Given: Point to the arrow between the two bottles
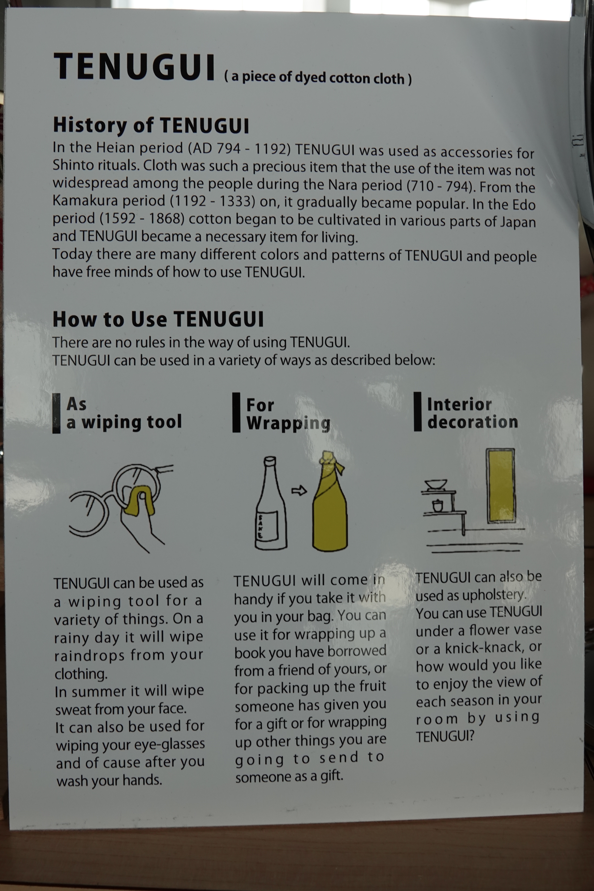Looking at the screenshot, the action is click(x=299, y=491).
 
